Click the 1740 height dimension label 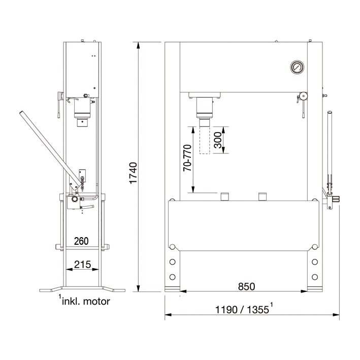coord(133,173)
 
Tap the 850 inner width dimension coord(246,286)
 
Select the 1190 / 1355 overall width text coord(244,309)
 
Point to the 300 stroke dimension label coord(218,140)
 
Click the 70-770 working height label coord(187,158)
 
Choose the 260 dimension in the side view coord(81,241)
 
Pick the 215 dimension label coord(82,264)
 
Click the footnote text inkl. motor coord(84,301)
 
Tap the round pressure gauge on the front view coord(297,67)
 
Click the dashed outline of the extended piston coord(205,140)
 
